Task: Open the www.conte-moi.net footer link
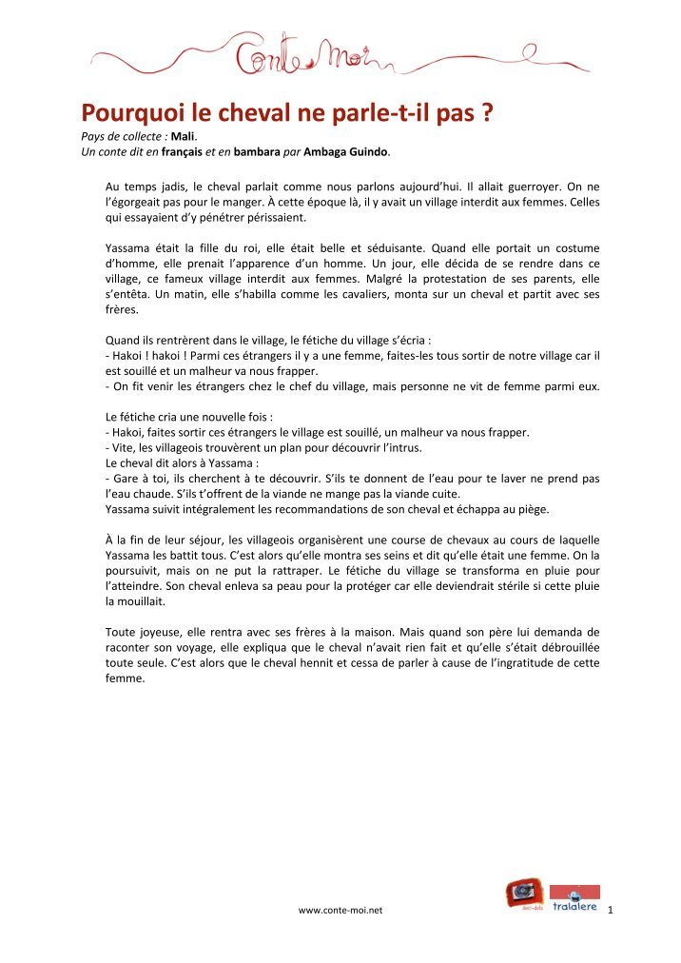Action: (340, 911)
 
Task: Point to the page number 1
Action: (610, 911)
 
